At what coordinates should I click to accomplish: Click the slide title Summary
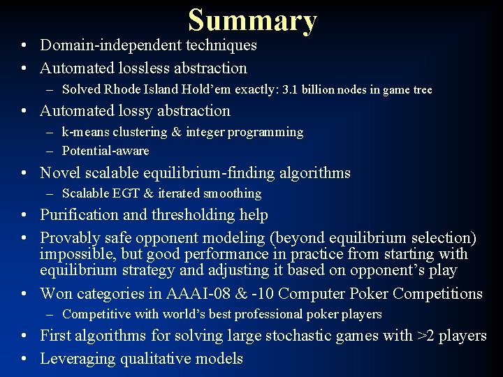252,20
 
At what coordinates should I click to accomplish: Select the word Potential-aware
105,151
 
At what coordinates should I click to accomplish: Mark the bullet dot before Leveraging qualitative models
24,360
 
